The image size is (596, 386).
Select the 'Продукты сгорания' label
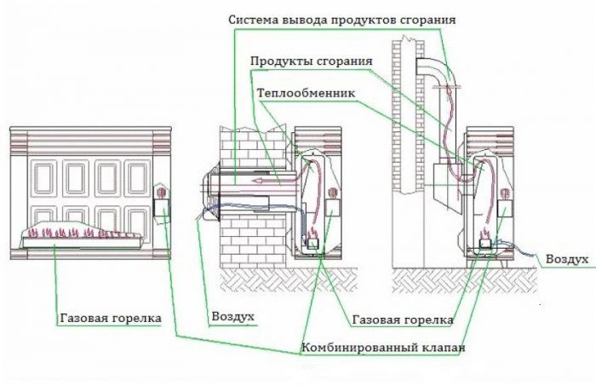(x=311, y=62)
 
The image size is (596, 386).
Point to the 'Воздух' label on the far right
(x=566, y=257)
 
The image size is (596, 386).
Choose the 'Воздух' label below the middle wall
(x=232, y=317)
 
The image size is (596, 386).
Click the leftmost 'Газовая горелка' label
(x=111, y=318)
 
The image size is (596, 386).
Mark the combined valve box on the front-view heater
(x=162, y=207)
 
